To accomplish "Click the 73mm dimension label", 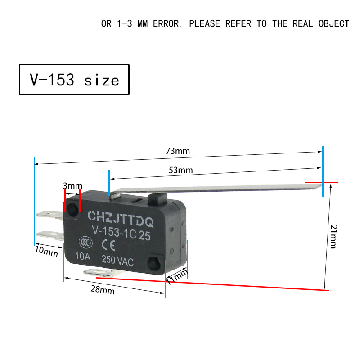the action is click(178, 151).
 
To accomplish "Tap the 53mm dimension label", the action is click(181, 170).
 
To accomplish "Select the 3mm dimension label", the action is click(72, 185).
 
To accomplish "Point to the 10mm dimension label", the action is click(46, 251).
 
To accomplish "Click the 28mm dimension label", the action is click(103, 290).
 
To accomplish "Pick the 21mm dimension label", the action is click(333, 237).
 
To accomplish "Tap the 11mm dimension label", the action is click(177, 277).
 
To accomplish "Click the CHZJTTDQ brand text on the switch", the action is click(121, 218).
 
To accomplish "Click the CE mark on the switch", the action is click(108, 245).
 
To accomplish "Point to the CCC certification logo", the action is click(85, 243).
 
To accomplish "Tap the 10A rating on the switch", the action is click(83, 256).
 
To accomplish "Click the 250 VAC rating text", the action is click(117, 261).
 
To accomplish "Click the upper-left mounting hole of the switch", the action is click(72, 209).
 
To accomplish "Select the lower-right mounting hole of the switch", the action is click(154, 263).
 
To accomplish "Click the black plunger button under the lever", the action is click(157, 199).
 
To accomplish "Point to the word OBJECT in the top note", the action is click(334, 24).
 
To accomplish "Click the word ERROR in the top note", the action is click(167, 24).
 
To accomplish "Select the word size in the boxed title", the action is click(102, 81).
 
